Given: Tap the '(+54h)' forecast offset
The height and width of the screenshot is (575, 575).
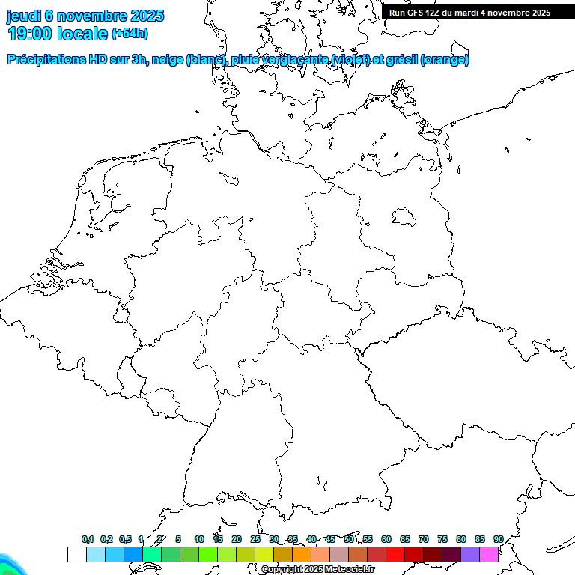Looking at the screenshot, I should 130,34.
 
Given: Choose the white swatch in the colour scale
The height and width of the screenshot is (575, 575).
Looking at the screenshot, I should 76,554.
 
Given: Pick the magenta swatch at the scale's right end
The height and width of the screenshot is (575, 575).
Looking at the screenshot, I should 489,554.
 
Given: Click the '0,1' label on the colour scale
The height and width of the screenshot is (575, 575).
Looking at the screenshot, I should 88,539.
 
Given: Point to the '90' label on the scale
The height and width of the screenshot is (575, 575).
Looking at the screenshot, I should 498,539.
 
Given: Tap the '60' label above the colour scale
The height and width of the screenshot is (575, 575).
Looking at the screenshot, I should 386,539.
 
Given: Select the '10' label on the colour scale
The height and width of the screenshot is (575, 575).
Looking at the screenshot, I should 198,539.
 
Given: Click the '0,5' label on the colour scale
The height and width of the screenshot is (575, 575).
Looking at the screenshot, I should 125,539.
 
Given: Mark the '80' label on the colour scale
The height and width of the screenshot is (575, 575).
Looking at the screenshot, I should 460,539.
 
